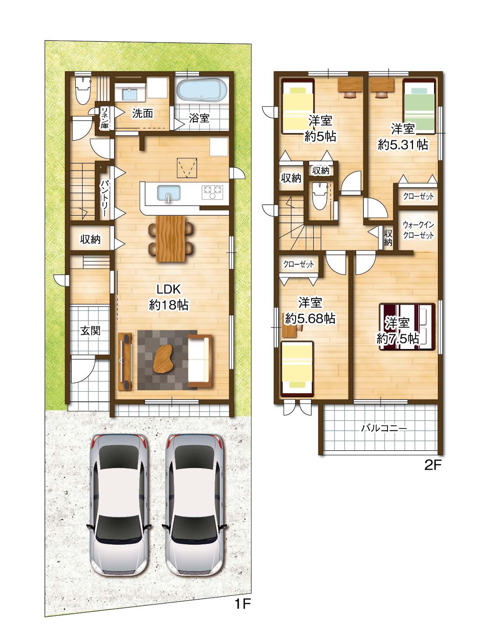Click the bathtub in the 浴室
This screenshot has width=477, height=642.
click(202, 91)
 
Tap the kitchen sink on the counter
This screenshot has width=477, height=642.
click(169, 193)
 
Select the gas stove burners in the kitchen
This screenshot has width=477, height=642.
click(213, 192)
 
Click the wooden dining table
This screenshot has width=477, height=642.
click(170, 239)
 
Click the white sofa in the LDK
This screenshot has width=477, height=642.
click(200, 361)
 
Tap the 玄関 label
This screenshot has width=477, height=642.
click(90, 330)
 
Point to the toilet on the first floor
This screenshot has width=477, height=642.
click(83, 91)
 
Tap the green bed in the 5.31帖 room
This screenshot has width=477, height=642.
click(419, 107)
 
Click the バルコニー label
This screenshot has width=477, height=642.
click(384, 428)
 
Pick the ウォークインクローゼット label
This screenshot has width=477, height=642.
click(418, 230)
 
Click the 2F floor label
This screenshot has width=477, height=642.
click(432, 466)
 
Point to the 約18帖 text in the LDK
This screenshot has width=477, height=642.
click(168, 305)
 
